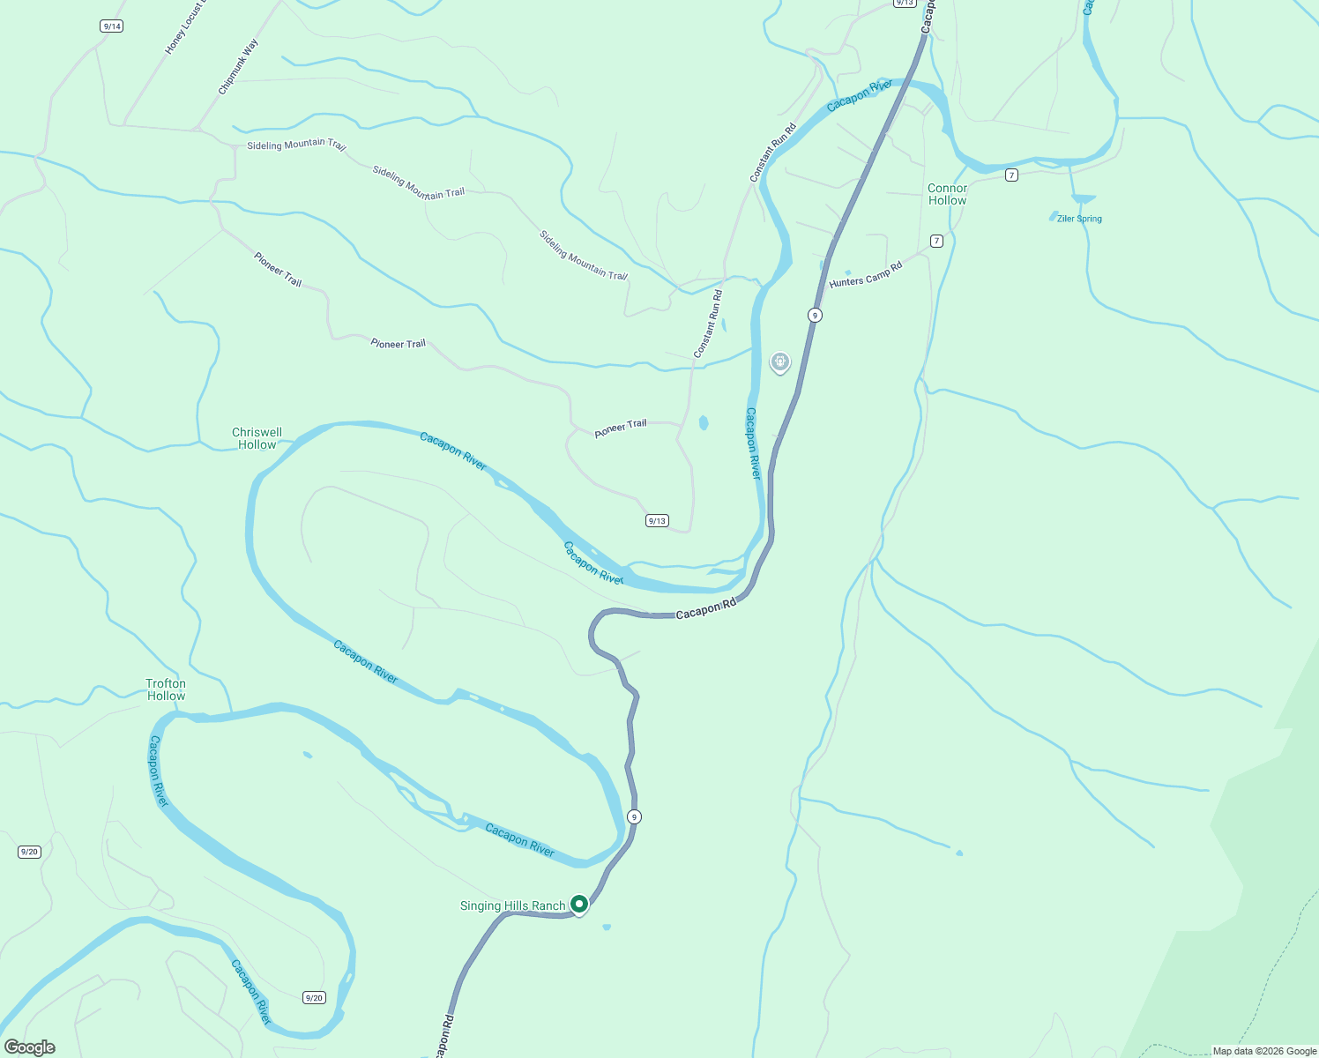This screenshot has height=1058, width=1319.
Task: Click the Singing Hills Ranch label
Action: pyautogui.click(x=512, y=906)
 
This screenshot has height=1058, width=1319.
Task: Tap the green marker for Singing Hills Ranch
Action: pyautogui.click(x=579, y=904)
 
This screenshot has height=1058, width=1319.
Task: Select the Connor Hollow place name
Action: pyautogui.click(x=947, y=194)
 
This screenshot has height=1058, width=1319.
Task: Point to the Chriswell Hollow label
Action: pyautogui.click(x=257, y=438)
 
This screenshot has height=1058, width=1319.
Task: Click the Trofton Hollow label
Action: pyautogui.click(x=166, y=689)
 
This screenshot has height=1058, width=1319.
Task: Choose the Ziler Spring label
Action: pyautogui.click(x=1079, y=219)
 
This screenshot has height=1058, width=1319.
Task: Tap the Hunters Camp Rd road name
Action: pyautogui.click(x=866, y=275)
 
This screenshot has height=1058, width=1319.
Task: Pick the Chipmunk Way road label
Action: pyautogui.click(x=238, y=67)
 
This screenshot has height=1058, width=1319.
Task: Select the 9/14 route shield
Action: pyautogui.click(x=112, y=26)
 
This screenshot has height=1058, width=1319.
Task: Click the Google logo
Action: pyautogui.click(x=30, y=1047)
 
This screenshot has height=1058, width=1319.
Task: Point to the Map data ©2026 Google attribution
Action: pyautogui.click(x=1264, y=1051)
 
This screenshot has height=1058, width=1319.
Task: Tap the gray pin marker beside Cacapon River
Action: pyautogui.click(x=780, y=361)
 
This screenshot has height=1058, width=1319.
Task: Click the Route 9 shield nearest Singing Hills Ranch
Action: pyautogui.click(x=634, y=817)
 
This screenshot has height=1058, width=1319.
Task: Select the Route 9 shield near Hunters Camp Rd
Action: pyautogui.click(x=816, y=315)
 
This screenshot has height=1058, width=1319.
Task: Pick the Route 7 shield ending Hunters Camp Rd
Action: pyautogui.click(x=936, y=241)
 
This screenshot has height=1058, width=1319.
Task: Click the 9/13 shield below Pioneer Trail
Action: pyautogui.click(x=657, y=521)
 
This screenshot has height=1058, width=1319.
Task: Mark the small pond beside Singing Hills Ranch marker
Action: pyautogui.click(x=607, y=927)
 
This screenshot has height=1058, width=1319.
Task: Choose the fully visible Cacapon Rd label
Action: pyautogui.click(x=705, y=609)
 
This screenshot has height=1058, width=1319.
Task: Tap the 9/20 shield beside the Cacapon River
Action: pyautogui.click(x=314, y=997)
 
